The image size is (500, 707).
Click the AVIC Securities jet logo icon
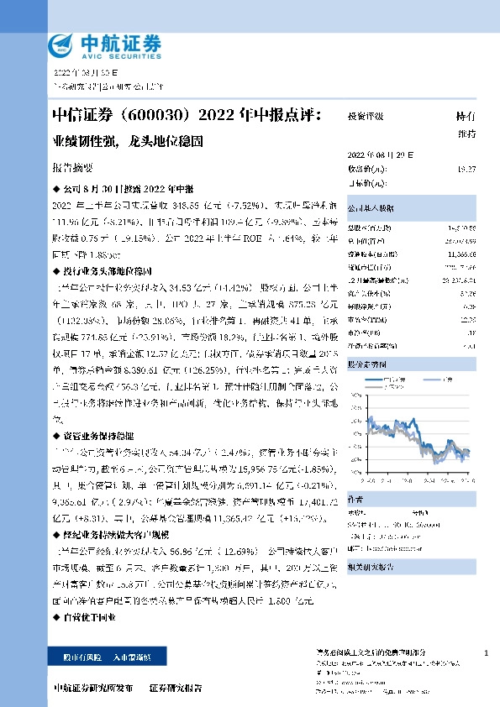tap(62, 45)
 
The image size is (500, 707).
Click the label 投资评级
tap(366, 117)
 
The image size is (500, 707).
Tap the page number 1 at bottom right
tap(487, 652)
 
